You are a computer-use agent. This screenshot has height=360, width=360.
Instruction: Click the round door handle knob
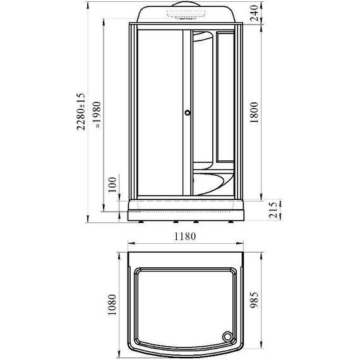[186, 114]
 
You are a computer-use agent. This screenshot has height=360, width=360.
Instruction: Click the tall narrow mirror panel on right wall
[225, 95]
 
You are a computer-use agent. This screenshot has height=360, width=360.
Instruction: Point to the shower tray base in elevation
[186, 210]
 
